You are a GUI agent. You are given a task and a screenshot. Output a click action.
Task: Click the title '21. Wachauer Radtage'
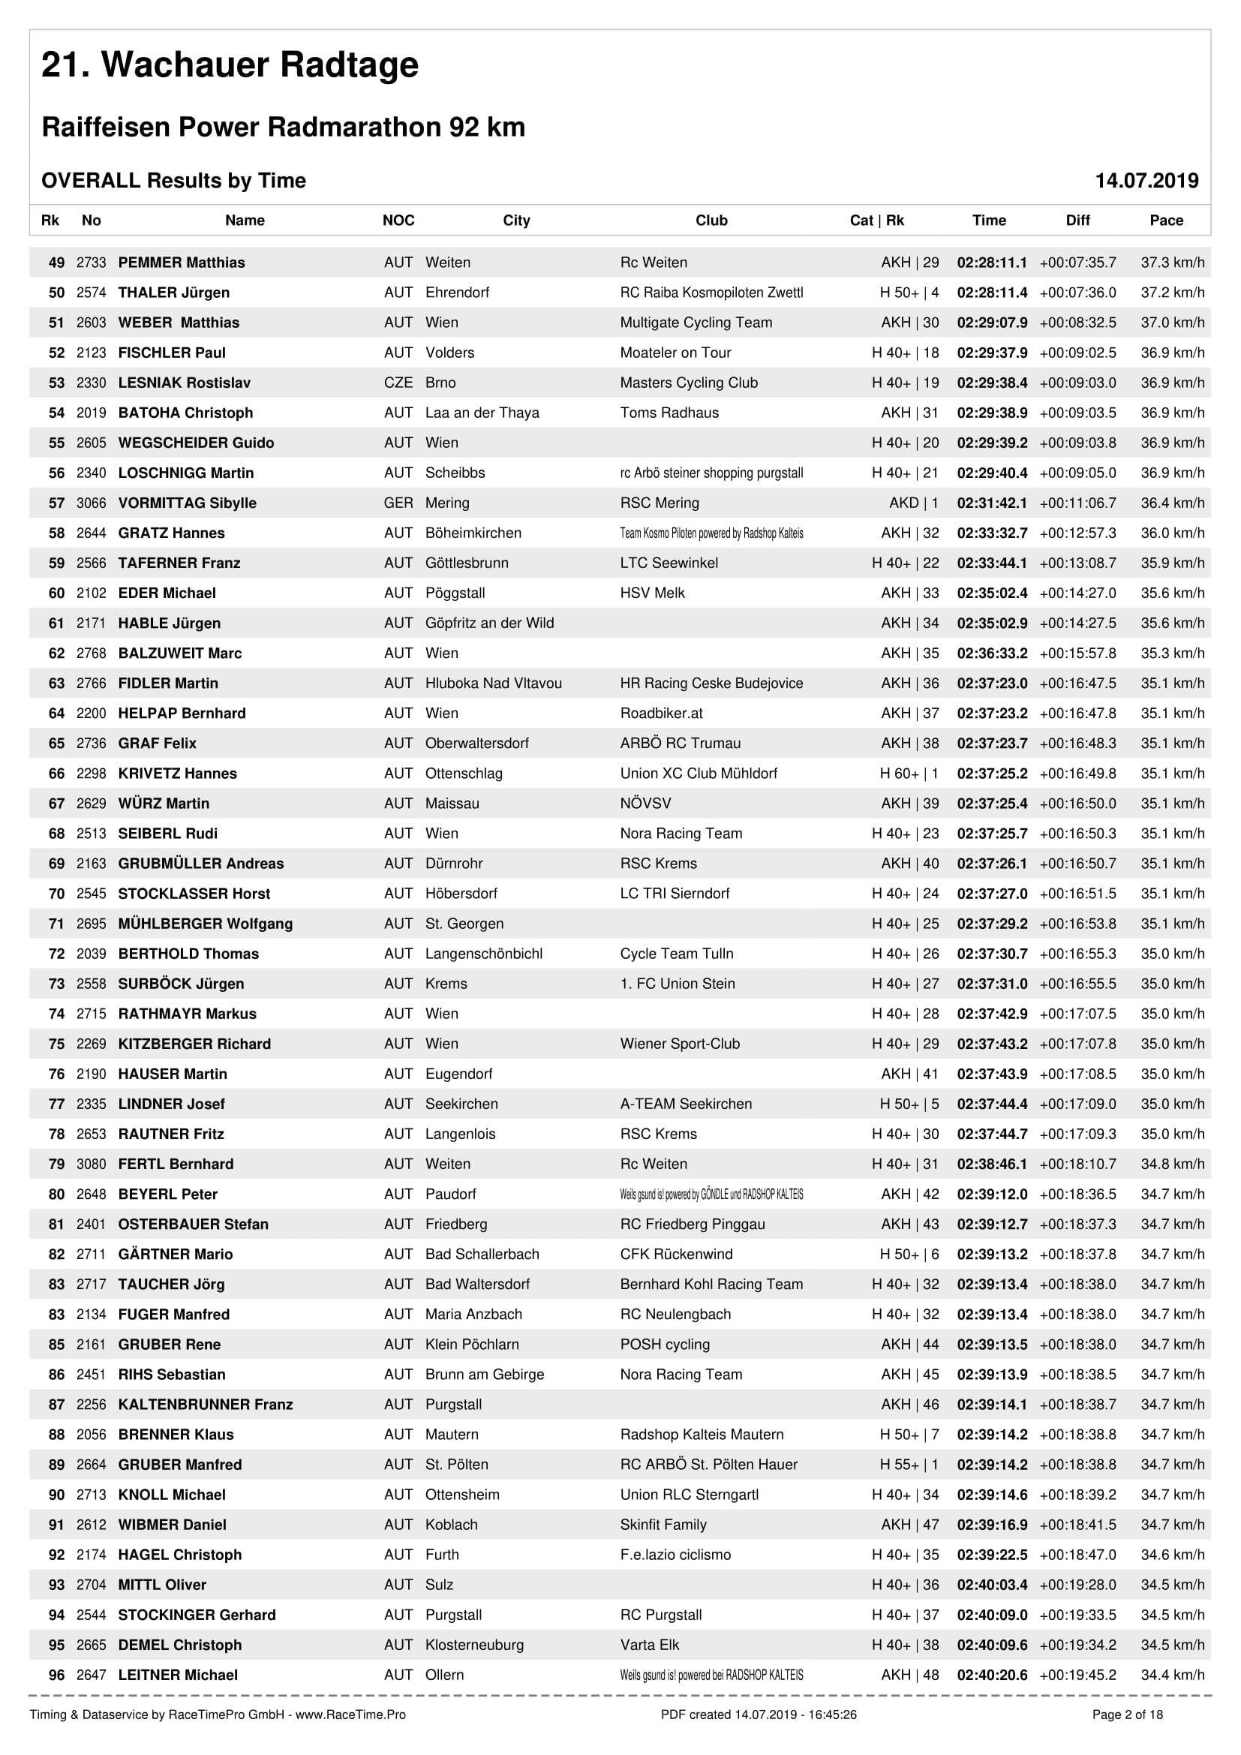(x=230, y=65)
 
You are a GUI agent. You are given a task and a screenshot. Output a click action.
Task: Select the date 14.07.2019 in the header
(x=1146, y=180)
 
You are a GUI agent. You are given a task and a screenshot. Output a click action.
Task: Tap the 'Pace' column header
(x=1166, y=221)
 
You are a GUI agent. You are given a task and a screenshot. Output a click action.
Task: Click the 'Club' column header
(x=711, y=221)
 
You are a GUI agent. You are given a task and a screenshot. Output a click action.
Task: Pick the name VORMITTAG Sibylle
(x=188, y=503)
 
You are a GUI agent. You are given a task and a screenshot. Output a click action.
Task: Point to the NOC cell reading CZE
(x=398, y=383)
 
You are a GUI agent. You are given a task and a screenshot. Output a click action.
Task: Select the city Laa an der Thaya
(x=482, y=413)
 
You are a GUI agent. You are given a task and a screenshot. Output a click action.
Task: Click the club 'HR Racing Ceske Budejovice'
(x=711, y=684)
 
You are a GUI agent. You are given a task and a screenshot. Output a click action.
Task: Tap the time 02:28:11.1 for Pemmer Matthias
(x=992, y=263)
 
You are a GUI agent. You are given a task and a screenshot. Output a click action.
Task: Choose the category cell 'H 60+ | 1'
(x=909, y=774)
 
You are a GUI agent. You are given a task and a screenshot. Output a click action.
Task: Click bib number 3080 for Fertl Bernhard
(x=91, y=1164)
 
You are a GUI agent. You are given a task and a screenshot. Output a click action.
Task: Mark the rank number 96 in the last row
(x=56, y=1675)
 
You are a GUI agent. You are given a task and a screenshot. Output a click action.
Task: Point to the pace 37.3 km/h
(x=1172, y=263)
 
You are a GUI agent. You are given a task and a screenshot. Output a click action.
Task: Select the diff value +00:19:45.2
(x=1077, y=1675)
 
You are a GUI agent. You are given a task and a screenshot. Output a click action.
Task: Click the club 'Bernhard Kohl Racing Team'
(x=711, y=1284)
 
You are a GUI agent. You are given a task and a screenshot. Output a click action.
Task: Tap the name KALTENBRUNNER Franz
(x=206, y=1404)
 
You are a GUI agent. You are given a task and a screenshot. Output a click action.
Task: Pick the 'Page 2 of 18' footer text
(x=1127, y=1714)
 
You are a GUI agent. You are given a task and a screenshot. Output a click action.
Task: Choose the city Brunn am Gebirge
(x=485, y=1375)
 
